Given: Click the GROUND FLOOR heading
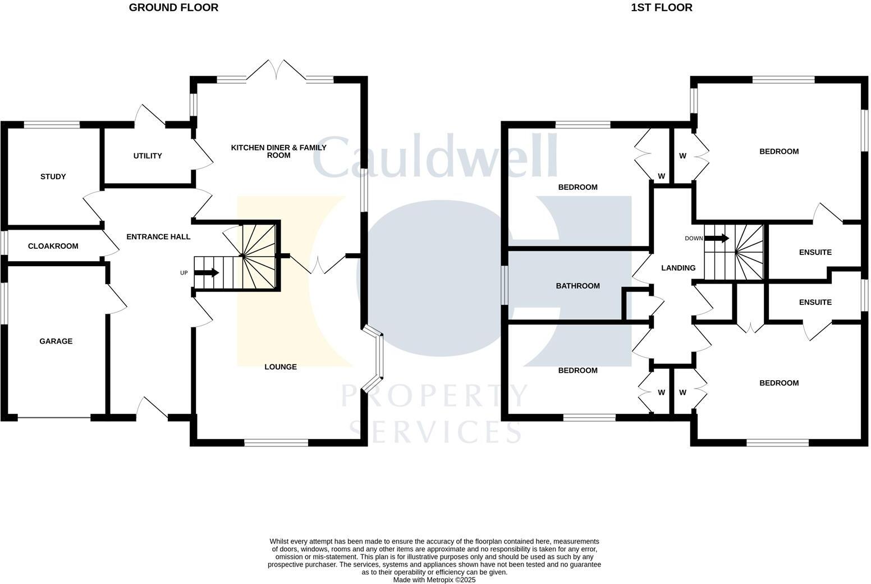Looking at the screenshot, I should pyautogui.click(x=173, y=8).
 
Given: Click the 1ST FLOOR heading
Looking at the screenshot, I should pyautogui.click(x=661, y=8).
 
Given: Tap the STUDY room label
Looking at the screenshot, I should pyautogui.click(x=53, y=177).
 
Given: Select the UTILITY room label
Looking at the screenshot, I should pyautogui.click(x=148, y=156).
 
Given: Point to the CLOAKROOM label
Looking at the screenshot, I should pyautogui.click(x=53, y=247).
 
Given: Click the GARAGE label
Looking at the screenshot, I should pyautogui.click(x=56, y=341).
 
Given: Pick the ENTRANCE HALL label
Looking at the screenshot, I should pyautogui.click(x=158, y=237).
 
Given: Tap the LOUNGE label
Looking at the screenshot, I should pyautogui.click(x=281, y=367).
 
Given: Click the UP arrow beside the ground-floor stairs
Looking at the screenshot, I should pyautogui.click(x=206, y=273).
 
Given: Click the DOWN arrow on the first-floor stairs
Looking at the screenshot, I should pyautogui.click(x=716, y=239).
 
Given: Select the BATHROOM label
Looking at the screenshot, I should pyautogui.click(x=577, y=286).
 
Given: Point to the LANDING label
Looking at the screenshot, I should pyautogui.click(x=678, y=268).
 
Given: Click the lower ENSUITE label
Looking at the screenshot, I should pyautogui.click(x=815, y=303).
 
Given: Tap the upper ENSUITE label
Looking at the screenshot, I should pyautogui.click(x=815, y=253).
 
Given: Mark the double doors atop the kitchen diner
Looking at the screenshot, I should pyautogui.click(x=276, y=70).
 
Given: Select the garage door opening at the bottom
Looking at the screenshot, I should pyautogui.click(x=54, y=418).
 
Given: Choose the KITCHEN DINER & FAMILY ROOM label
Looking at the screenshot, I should pyautogui.click(x=278, y=152).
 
